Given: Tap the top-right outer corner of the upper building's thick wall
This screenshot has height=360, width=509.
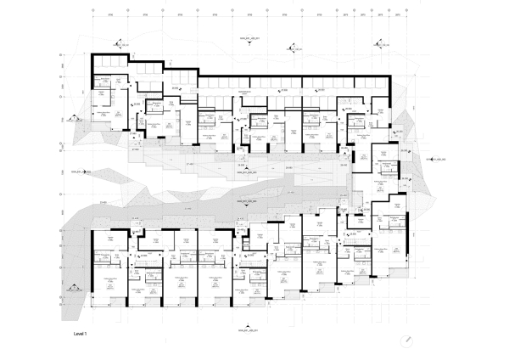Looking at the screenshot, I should (x=389, y=77).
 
